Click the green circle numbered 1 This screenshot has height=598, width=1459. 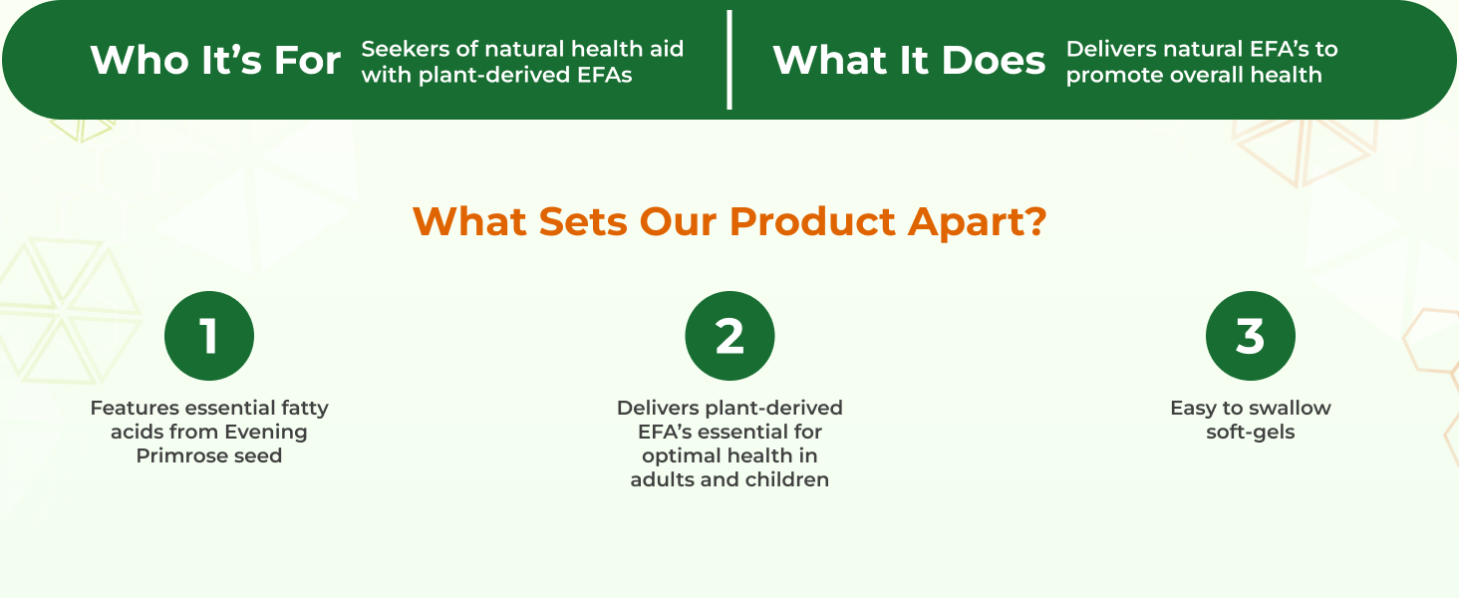[209, 336]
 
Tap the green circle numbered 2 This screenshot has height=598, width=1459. [729, 336]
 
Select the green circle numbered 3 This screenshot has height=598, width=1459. [1250, 336]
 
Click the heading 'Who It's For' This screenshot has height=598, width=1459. [215, 61]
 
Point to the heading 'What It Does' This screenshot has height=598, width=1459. [909, 61]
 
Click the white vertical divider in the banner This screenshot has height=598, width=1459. [729, 60]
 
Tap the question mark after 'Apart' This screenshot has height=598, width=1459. [1036, 221]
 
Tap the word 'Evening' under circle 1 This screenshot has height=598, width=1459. [265, 432]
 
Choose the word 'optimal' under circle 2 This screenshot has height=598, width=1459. [681, 455]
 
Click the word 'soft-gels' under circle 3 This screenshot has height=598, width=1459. [1250, 432]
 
